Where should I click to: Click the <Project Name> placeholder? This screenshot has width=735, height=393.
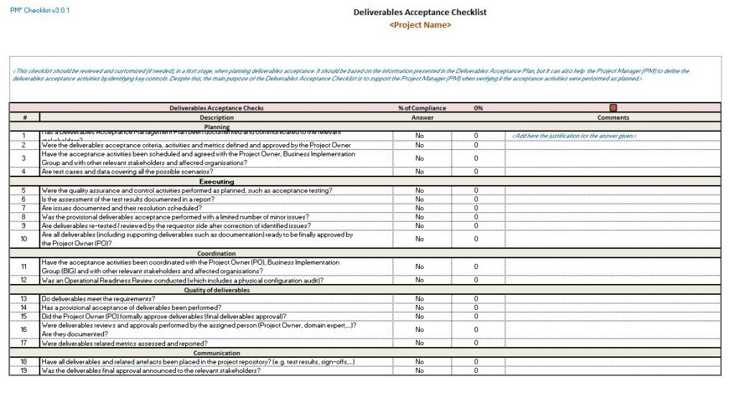coord(420,24)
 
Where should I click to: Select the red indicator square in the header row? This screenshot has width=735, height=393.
coord(613,108)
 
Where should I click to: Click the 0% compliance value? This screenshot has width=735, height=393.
coord(478,108)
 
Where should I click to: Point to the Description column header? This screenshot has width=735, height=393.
coord(217,118)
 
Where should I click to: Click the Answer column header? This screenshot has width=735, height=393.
coord(422,118)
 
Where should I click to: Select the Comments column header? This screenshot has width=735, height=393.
coord(613,118)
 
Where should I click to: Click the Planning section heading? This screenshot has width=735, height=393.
coord(217,127)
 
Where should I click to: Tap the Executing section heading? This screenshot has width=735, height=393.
coord(217,181)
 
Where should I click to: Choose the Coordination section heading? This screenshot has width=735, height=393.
coord(217,254)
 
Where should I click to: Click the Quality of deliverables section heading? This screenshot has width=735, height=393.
coord(217,290)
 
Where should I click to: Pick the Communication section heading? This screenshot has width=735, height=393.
coord(217,353)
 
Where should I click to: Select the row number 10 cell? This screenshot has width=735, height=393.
coord(24,239)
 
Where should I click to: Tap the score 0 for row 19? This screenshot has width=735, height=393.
coord(475,371)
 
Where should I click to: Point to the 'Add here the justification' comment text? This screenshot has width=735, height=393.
coord(574,136)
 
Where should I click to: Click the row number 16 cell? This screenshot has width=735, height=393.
coord(24,330)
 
